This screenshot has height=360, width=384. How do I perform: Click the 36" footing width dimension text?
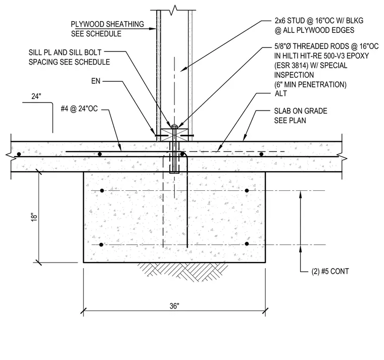tap(174, 306)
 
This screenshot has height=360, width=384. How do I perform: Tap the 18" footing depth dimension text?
tap(34, 217)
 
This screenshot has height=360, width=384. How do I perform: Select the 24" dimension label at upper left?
tap(36, 96)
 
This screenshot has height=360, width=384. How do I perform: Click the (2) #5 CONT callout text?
tap(330, 272)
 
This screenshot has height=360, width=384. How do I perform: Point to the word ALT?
tap(280, 93)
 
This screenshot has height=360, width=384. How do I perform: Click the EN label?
tap(96, 81)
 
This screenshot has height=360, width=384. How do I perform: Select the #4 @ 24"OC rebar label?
tap(79, 109)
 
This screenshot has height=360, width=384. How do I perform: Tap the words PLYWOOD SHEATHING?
tap(108, 24)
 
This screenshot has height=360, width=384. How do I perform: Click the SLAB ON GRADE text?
tap(301, 111)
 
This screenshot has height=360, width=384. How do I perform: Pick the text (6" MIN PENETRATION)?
tap(310, 85)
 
